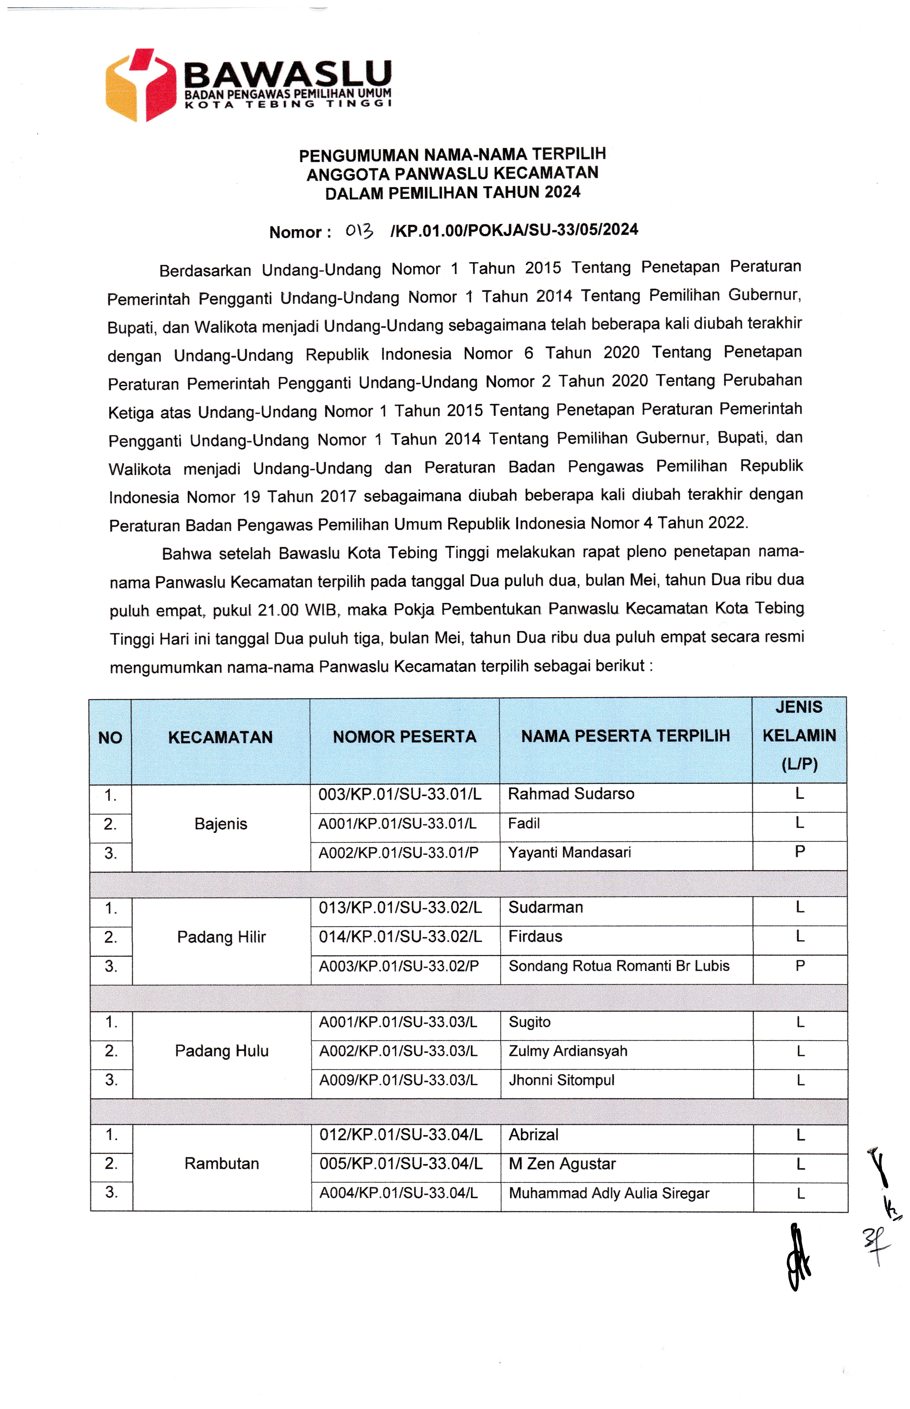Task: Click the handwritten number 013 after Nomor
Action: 359,231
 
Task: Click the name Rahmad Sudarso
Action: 571,793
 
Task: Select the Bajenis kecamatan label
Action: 220,823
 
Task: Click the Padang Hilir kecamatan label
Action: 222,937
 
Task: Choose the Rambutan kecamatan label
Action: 222,1163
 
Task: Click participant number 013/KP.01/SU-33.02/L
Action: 400,907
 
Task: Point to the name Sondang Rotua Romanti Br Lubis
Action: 619,965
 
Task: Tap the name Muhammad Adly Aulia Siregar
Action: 609,1193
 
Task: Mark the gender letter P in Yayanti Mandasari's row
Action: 799,851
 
